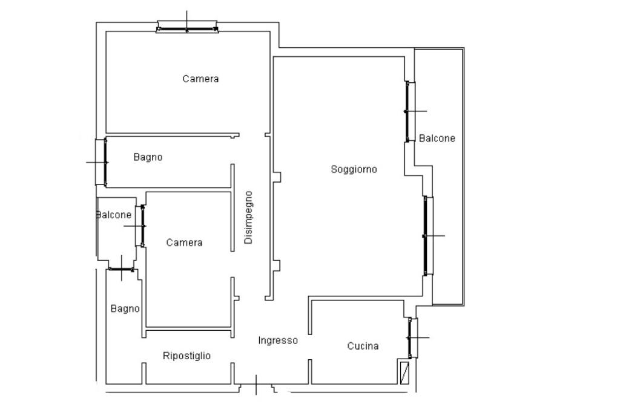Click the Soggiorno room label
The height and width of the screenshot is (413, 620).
[354, 169]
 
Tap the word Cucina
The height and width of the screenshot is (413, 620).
[363, 346]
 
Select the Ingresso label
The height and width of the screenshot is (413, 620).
[278, 340]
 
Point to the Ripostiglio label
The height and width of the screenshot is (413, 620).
[186, 356]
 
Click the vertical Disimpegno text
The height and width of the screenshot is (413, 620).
[248, 218]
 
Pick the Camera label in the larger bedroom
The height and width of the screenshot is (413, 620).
[200, 79]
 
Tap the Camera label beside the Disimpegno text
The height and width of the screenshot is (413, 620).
[184, 242]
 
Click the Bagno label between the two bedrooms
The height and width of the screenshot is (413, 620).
[148, 157]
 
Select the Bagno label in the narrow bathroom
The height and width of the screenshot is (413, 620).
[125, 309]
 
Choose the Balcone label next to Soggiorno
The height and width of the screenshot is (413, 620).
[437, 138]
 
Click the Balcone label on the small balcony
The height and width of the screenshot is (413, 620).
[114, 215]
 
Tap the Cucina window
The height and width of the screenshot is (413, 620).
[412, 338]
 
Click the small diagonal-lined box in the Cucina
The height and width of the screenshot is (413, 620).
[404, 372]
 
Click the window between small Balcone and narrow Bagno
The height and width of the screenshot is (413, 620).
[121, 270]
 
